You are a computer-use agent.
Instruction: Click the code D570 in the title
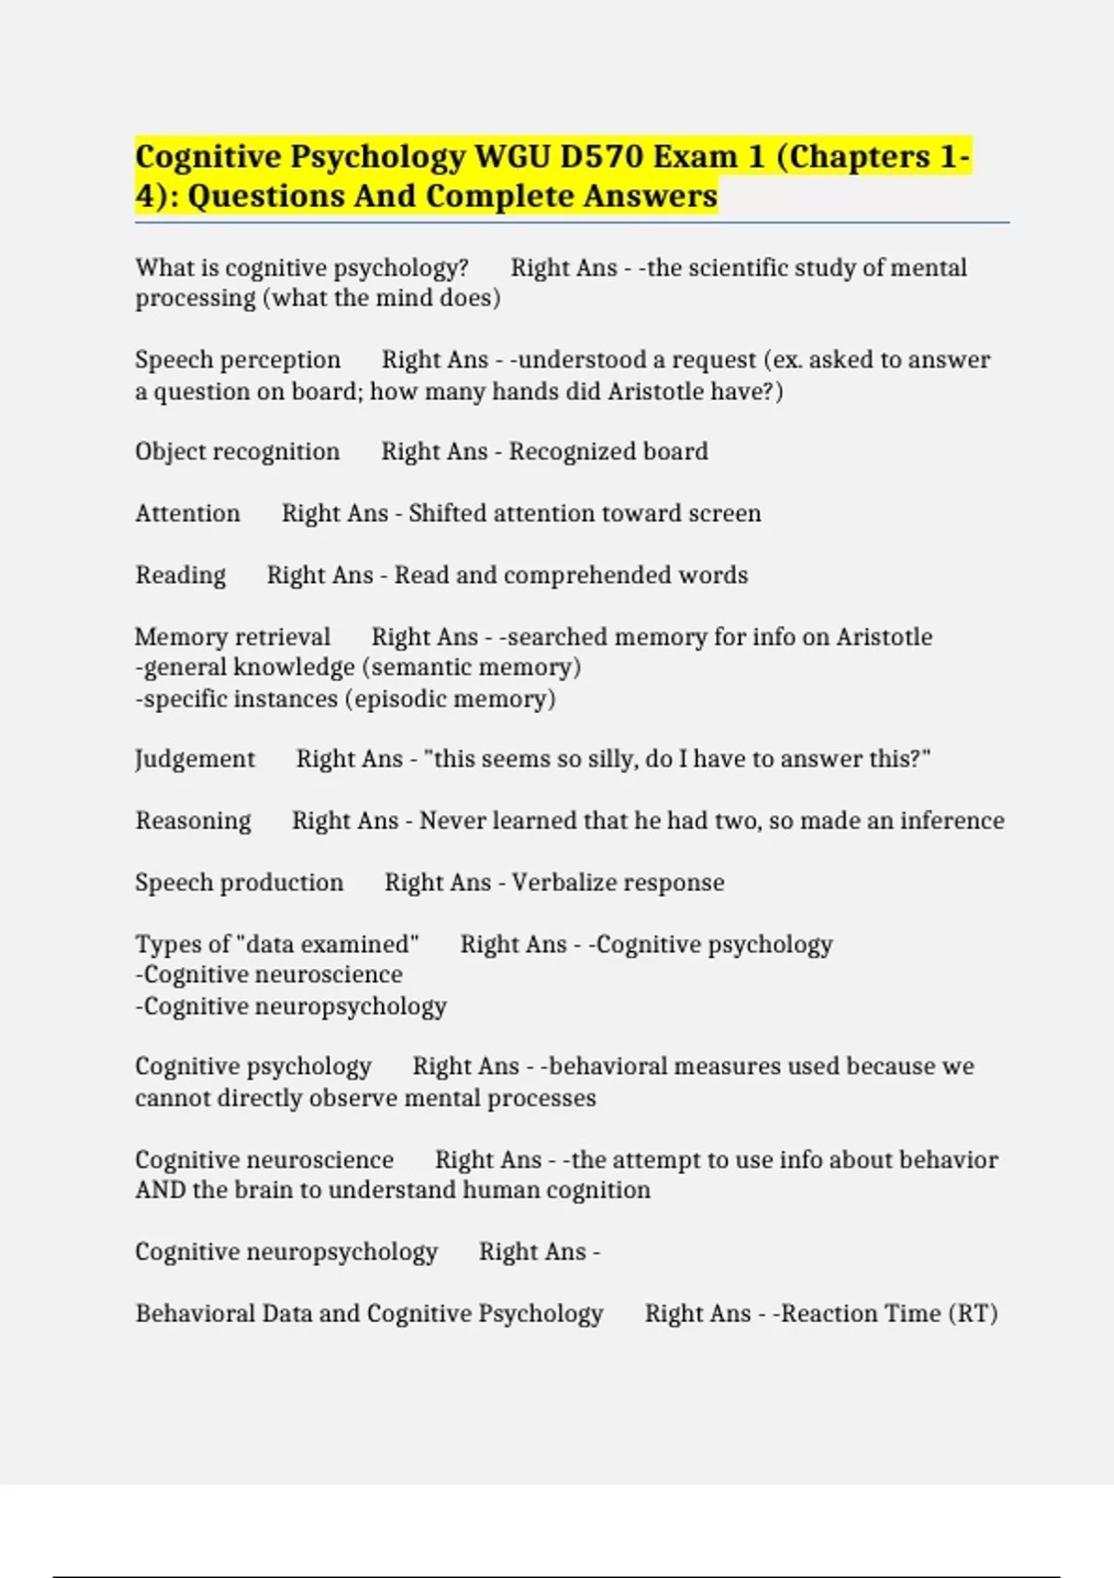coord(601,156)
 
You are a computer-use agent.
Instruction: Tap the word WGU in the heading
coord(512,156)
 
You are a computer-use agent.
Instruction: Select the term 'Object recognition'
coord(237,452)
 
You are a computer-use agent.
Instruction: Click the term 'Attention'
coord(188,513)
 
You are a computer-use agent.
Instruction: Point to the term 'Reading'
coord(180,576)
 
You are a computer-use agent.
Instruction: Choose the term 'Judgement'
coord(195,759)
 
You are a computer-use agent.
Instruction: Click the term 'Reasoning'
coord(193,821)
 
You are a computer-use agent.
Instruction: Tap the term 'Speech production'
coord(239,883)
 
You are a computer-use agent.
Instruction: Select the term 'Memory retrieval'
coord(232,637)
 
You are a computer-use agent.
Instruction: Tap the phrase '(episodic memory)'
coord(450,699)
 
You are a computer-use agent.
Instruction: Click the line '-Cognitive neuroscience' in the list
coord(269,975)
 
